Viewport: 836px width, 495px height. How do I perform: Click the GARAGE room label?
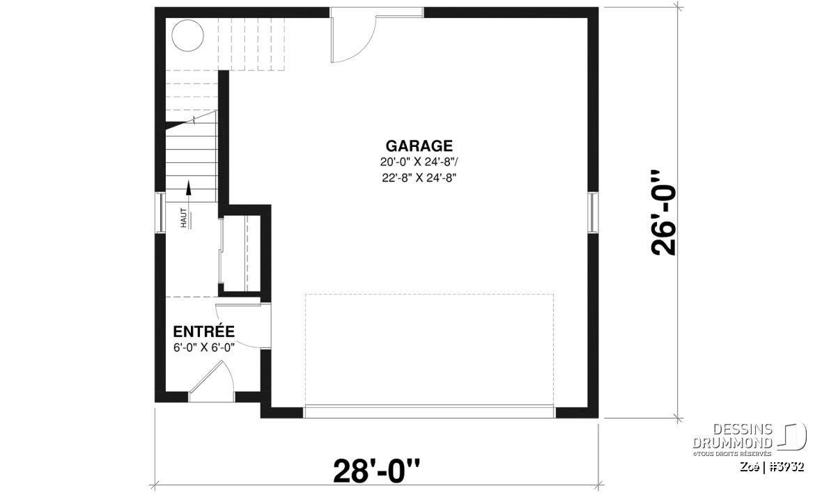[x=419, y=146]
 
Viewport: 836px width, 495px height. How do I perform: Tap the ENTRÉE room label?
[x=203, y=331]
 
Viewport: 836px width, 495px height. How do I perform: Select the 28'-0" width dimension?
[x=376, y=471]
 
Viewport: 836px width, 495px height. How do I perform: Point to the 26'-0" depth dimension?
[x=663, y=213]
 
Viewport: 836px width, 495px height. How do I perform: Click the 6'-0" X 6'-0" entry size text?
[x=203, y=347]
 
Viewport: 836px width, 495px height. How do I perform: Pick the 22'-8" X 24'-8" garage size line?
[x=419, y=178]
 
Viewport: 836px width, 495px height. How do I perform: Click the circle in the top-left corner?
[x=187, y=36]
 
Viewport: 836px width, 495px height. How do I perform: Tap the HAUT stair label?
[x=184, y=218]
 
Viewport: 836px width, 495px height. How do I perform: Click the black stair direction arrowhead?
[x=189, y=188]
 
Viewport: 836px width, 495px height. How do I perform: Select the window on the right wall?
[x=593, y=212]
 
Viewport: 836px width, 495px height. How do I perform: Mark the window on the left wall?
[x=160, y=212]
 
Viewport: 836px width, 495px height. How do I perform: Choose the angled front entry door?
[x=211, y=382]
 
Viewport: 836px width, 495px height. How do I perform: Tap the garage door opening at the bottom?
[x=429, y=412]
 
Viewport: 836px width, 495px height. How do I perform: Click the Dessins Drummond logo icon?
[x=791, y=436]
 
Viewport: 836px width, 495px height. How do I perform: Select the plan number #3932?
[x=787, y=467]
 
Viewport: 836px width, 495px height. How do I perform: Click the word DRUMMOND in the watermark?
[x=733, y=443]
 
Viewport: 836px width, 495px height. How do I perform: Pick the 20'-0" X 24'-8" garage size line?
[x=419, y=162]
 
